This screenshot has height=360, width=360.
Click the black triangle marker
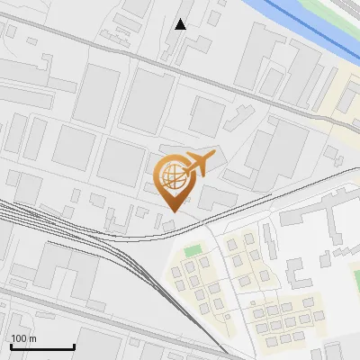point(181,24)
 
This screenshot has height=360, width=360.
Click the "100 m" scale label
point(23,338)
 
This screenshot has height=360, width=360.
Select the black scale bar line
point(41,346)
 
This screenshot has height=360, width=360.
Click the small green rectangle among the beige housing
point(193,250)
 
